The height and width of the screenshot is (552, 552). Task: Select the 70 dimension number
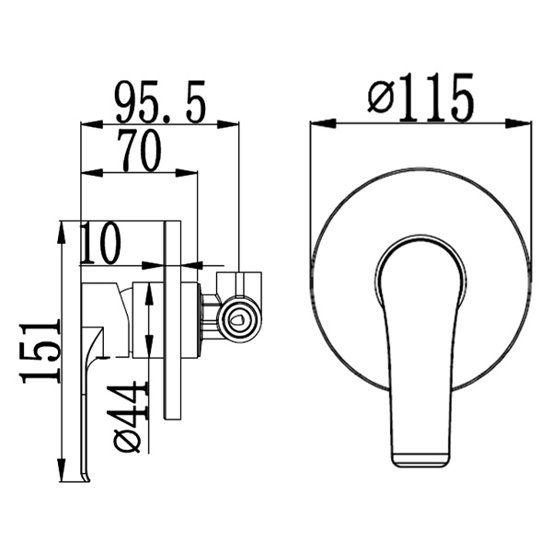pyautogui.click(x=139, y=151)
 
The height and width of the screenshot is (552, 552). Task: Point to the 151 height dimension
pyautogui.click(x=40, y=351)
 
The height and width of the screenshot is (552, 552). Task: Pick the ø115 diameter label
pyautogui.click(x=420, y=98)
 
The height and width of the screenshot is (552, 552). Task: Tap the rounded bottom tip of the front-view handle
pyautogui.click(x=420, y=457)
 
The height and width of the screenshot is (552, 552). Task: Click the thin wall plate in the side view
pyautogui.click(x=171, y=321)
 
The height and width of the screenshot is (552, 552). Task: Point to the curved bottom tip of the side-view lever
pyautogui.click(x=86, y=475)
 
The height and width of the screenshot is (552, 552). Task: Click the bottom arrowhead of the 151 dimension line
pyautogui.click(x=62, y=474)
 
